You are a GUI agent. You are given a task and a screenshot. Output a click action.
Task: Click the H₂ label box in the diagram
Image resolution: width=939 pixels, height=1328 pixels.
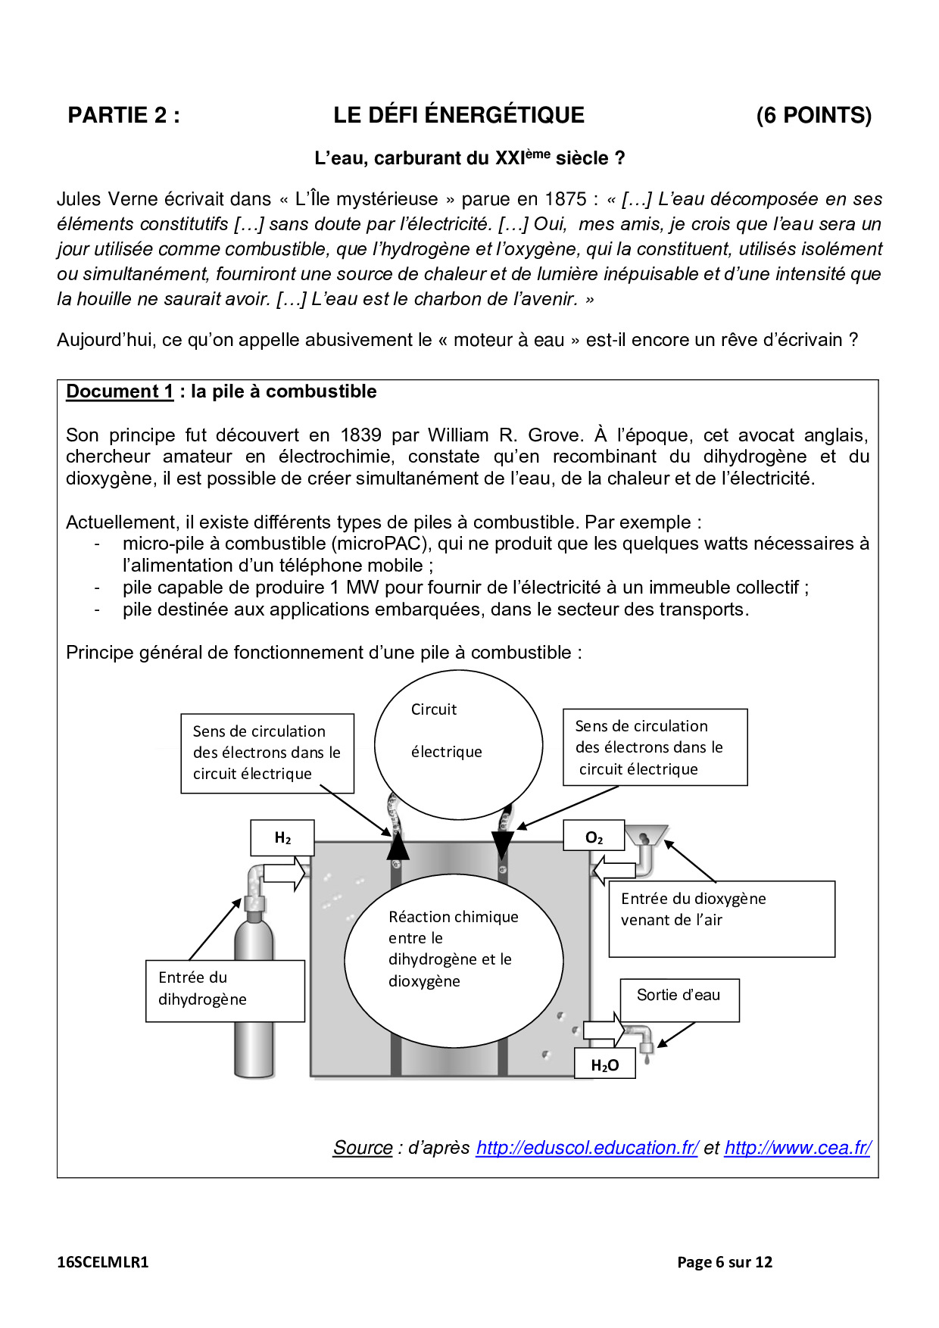(282, 837)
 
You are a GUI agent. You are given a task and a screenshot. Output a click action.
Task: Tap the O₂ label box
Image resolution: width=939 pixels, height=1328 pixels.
(594, 837)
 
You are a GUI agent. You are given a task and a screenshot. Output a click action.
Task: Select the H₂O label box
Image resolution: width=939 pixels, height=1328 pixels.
(604, 1065)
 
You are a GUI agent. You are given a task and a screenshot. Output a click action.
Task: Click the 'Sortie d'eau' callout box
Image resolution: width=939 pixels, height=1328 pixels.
(679, 999)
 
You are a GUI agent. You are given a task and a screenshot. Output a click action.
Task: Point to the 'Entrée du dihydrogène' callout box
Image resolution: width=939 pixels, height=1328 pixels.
(225, 990)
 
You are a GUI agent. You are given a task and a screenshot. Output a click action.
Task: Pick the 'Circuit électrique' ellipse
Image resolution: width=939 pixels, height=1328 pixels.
(458, 745)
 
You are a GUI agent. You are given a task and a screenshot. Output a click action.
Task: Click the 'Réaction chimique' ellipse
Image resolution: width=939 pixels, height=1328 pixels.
(454, 960)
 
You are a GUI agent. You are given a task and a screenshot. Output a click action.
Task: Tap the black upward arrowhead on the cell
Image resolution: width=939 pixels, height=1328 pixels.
(398, 846)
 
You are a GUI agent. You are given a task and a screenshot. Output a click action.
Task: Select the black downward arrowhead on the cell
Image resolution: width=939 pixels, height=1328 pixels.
(502, 843)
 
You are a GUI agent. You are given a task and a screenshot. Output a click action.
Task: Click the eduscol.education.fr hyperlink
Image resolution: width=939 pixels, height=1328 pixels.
(587, 1148)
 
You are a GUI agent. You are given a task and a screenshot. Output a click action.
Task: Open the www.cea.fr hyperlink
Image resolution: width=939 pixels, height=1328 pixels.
(797, 1148)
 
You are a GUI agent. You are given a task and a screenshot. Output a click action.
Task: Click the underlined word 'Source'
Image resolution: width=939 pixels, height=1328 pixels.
(363, 1148)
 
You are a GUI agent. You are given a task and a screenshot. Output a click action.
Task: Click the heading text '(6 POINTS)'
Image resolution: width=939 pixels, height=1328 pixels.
(813, 115)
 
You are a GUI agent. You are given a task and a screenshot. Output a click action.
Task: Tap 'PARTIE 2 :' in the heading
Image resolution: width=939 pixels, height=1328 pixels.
(124, 115)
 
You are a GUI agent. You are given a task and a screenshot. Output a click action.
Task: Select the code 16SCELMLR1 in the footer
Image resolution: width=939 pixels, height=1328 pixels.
(103, 1262)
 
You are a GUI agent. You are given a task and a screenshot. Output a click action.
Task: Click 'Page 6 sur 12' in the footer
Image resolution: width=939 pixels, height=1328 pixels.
(725, 1262)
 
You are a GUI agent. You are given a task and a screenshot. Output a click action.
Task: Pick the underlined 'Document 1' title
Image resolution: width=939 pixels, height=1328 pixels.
(120, 391)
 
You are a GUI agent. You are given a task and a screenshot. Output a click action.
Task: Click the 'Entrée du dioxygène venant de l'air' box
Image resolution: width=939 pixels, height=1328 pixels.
(722, 918)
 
